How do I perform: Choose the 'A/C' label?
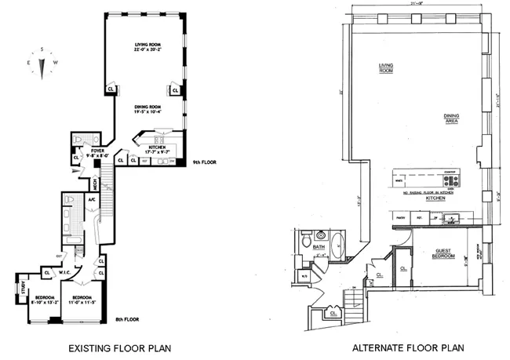(91, 200)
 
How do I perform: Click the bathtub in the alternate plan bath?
(338, 244)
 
